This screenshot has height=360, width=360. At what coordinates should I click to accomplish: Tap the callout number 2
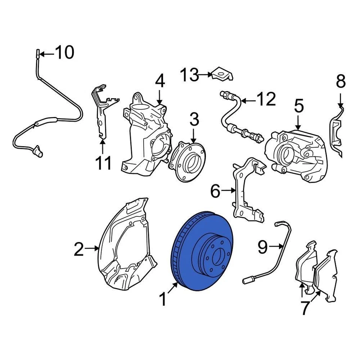[x=79, y=249]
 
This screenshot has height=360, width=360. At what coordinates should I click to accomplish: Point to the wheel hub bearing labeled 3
[x=187, y=161]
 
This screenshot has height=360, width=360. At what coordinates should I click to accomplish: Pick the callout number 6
[x=215, y=192]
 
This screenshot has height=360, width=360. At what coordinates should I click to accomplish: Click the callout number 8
[x=340, y=81]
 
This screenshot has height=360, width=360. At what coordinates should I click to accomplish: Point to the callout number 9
[x=262, y=247]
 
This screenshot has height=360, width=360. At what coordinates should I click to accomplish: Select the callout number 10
[x=64, y=53]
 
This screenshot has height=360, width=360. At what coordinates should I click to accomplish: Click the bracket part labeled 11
[x=101, y=112]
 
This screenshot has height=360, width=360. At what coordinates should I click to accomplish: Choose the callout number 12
[x=266, y=99]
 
